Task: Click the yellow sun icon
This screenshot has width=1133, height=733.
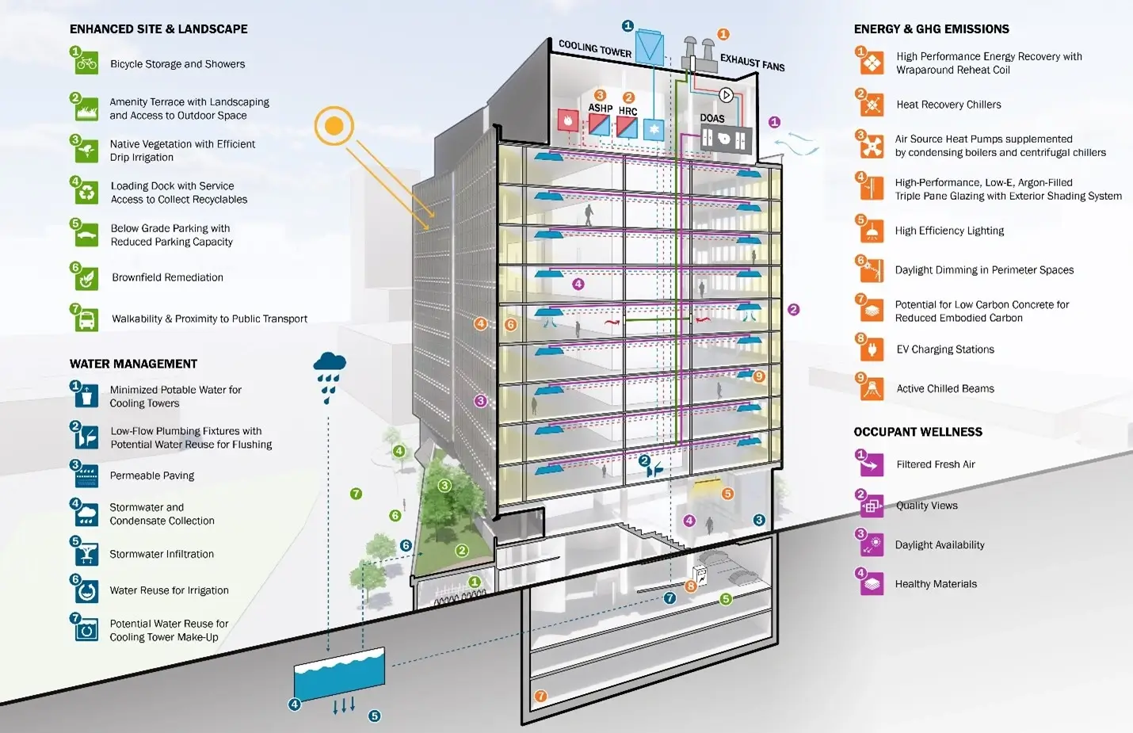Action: tap(334, 126)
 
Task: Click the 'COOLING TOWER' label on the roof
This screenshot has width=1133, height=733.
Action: tap(595, 49)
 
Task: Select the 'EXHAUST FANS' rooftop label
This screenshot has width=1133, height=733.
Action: tap(752, 63)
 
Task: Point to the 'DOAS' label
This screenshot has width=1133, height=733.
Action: tap(712, 118)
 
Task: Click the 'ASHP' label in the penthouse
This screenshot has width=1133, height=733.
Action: tap(600, 108)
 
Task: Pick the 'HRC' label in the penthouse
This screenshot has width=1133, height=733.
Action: tap(628, 111)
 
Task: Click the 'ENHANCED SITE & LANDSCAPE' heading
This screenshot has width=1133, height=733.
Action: tap(158, 29)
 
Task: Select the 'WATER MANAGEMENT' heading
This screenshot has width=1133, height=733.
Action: tap(133, 364)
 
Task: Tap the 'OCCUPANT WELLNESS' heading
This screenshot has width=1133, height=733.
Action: tap(917, 432)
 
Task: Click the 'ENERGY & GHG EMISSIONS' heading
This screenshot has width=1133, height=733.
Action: tap(931, 29)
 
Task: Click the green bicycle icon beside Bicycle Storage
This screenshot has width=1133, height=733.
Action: tap(86, 63)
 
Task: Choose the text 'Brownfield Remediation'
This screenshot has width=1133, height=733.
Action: tap(167, 277)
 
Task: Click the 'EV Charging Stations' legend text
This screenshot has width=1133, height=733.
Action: tap(944, 349)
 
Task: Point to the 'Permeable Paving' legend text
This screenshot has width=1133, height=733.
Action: tap(151, 475)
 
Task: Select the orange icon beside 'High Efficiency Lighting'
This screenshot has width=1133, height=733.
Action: tap(872, 231)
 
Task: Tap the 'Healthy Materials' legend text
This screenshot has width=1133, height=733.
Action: tap(936, 584)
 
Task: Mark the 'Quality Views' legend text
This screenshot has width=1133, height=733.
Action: tap(926, 506)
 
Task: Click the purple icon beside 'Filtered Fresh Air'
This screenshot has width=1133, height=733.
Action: tap(872, 465)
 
